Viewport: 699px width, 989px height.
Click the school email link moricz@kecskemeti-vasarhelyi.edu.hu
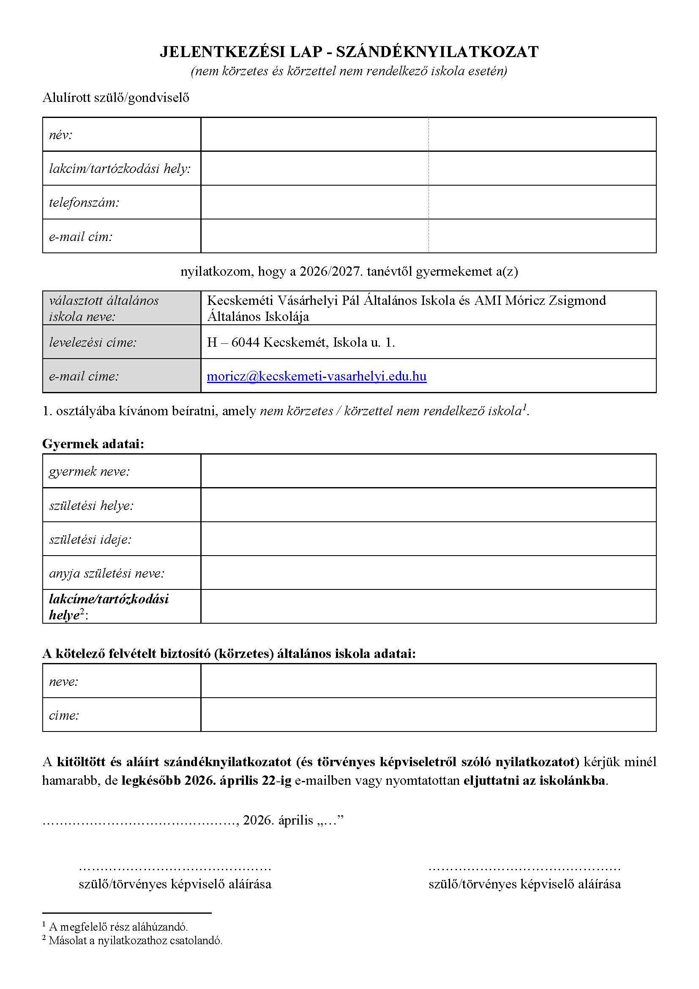317,376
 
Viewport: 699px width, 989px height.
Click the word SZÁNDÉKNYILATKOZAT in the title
437,52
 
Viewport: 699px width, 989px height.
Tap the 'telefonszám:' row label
84,202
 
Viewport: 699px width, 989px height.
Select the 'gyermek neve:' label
89,471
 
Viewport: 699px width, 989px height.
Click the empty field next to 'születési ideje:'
428,539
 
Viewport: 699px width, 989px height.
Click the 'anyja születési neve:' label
106,573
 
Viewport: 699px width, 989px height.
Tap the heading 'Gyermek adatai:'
93,444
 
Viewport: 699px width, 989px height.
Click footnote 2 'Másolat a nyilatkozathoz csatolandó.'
136,940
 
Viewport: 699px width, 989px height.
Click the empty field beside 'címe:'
428,715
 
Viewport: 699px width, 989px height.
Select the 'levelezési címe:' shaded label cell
121,342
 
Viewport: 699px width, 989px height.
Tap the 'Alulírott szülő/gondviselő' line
116,98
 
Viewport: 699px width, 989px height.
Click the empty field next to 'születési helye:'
428,505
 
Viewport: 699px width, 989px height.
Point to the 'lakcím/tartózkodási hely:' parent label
120,168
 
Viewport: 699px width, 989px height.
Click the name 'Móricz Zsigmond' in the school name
555,300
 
